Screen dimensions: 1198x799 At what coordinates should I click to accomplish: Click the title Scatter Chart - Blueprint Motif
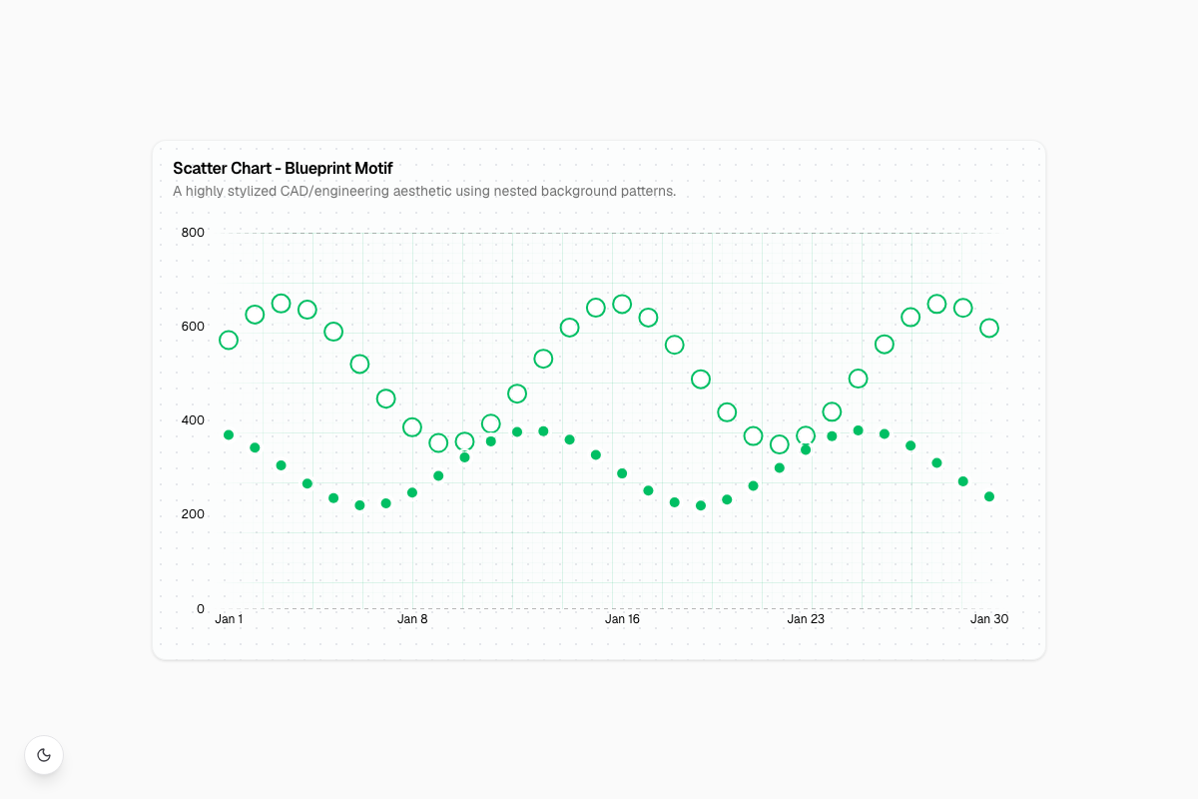pyautogui.click(x=283, y=169)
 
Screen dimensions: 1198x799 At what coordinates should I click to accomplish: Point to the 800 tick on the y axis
pyautogui.click(x=193, y=233)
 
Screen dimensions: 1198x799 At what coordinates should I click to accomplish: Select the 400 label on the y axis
pyautogui.click(x=193, y=420)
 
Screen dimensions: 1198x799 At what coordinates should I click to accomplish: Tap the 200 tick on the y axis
pyautogui.click(x=193, y=514)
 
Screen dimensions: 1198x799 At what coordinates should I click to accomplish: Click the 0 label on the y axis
pyautogui.click(x=201, y=608)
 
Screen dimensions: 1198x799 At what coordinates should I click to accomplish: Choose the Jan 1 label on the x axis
pyautogui.click(x=229, y=619)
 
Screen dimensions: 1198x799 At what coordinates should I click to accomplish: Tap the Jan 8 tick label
pyautogui.click(x=412, y=619)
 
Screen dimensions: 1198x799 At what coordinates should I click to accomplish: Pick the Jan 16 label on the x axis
pyautogui.click(x=622, y=619)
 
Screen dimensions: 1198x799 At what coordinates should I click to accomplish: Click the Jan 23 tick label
pyautogui.click(x=806, y=619)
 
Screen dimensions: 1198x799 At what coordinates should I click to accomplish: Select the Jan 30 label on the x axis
pyautogui.click(x=989, y=619)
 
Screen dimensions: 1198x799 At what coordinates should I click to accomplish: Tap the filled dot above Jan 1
pyautogui.click(x=229, y=435)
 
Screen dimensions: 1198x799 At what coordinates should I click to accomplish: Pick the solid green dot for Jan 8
pyautogui.click(x=411, y=493)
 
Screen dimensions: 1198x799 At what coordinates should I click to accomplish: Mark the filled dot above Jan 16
pyautogui.click(x=622, y=473)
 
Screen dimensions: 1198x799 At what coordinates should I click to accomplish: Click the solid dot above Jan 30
pyautogui.click(x=989, y=496)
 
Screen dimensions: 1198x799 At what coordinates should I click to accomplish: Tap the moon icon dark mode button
pyautogui.click(x=44, y=755)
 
